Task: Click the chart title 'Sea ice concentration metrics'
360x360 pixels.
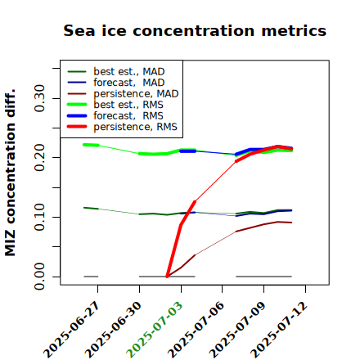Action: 195,30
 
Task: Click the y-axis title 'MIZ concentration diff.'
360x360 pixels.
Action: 10,173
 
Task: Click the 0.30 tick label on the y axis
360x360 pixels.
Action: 40,98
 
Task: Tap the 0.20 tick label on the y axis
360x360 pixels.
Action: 40,158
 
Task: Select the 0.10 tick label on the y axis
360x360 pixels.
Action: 40,217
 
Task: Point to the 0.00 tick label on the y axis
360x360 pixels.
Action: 40,277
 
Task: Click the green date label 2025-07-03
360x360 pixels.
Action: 155,329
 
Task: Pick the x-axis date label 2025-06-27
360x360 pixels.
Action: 71,329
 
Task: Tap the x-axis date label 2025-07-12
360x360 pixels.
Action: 279,329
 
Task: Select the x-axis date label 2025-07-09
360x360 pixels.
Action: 237,329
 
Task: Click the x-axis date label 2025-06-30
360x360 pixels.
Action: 113,329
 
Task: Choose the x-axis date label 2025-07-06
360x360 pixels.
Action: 196,329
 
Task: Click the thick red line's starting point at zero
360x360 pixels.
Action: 167,277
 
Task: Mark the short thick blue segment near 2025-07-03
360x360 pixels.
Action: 188,151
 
